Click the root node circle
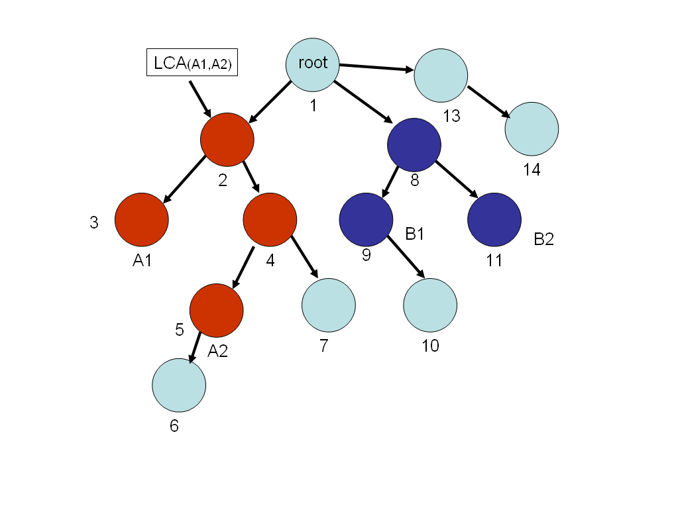[313, 64]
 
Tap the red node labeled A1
[142, 219]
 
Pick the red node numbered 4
[270, 219]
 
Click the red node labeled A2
[216, 310]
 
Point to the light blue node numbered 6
[179, 385]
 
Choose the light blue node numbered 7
[328, 305]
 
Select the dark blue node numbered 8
[414, 144]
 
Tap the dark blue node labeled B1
[366, 219]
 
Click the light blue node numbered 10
[430, 305]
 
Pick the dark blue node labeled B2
[494, 219]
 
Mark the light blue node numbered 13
[441, 75]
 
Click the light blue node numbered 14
[532, 128]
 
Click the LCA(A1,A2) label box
[192, 64]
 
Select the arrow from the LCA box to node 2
[199, 97]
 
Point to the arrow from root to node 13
[376, 67]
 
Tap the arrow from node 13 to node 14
[489, 101]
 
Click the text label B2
[543, 240]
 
